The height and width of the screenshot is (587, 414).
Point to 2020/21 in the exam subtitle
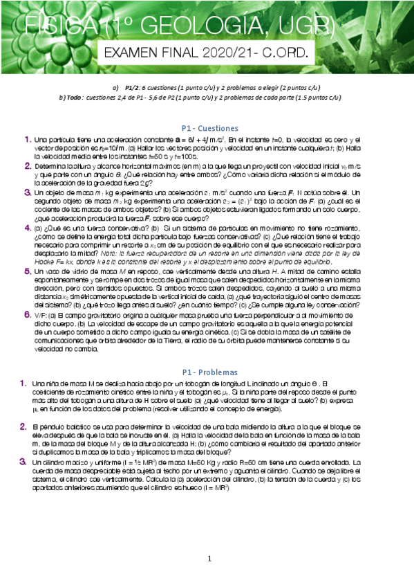click(x=220, y=53)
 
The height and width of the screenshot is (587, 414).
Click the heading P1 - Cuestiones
click(x=209, y=128)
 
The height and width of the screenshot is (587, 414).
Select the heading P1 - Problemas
click(x=209, y=371)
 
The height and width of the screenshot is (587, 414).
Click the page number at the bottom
click(x=209, y=559)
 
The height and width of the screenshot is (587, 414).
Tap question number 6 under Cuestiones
click(x=27, y=315)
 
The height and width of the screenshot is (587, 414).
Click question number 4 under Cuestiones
click(x=27, y=226)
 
